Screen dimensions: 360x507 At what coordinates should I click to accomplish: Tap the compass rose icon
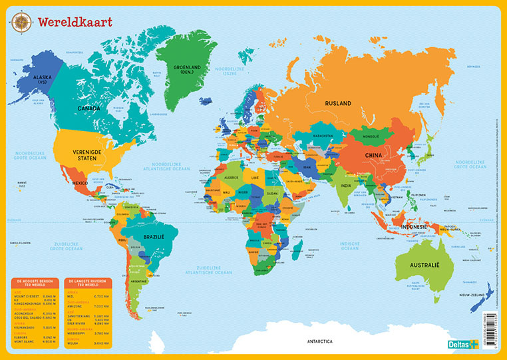tap(21, 23)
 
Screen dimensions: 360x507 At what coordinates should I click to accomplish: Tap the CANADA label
tap(89, 108)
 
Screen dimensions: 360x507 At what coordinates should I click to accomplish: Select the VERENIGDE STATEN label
tap(92, 154)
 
